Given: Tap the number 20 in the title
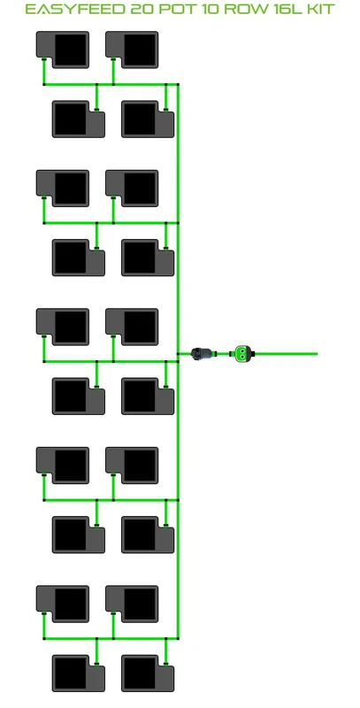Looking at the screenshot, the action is click(x=142, y=9).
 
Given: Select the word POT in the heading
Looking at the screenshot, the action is click(x=175, y=9).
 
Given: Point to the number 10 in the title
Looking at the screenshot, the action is click(x=208, y=9).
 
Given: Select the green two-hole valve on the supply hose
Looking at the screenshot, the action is click(x=242, y=353).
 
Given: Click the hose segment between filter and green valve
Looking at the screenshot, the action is click(x=223, y=353).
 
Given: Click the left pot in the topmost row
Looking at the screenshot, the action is click(x=63, y=50).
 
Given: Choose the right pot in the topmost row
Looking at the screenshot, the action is click(x=132, y=50).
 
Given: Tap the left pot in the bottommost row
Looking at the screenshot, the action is click(x=79, y=673).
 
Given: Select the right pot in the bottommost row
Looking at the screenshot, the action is click(x=148, y=673).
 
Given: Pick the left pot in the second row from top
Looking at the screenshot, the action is click(x=79, y=119).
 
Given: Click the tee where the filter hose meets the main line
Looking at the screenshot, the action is click(x=178, y=353).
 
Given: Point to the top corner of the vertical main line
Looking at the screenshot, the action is click(x=178, y=84).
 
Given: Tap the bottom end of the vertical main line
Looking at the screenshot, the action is click(x=178, y=638).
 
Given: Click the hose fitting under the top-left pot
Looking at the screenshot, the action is click(x=43, y=59).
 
